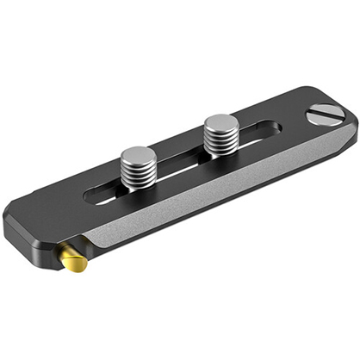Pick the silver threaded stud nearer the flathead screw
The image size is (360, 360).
pyautogui.click(x=220, y=131)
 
